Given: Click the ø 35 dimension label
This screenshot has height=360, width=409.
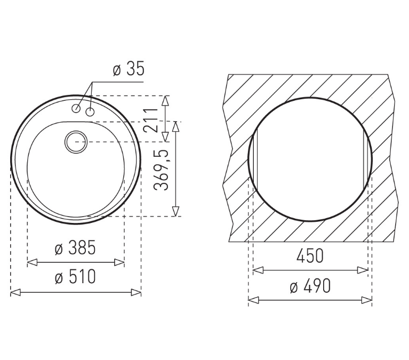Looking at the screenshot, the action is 129,69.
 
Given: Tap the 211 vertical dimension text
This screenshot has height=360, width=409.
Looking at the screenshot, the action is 151,120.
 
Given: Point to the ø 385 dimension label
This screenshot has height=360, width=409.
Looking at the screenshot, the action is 75,247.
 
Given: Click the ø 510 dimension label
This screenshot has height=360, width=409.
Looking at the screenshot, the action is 75,276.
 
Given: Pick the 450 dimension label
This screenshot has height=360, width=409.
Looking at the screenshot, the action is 310,256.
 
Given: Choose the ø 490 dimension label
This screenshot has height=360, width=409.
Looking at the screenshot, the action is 310,286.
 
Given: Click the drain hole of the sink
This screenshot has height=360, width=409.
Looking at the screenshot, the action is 76,142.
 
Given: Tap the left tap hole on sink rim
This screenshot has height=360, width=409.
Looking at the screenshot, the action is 76,108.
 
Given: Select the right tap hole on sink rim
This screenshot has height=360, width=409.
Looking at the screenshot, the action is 90,112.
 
